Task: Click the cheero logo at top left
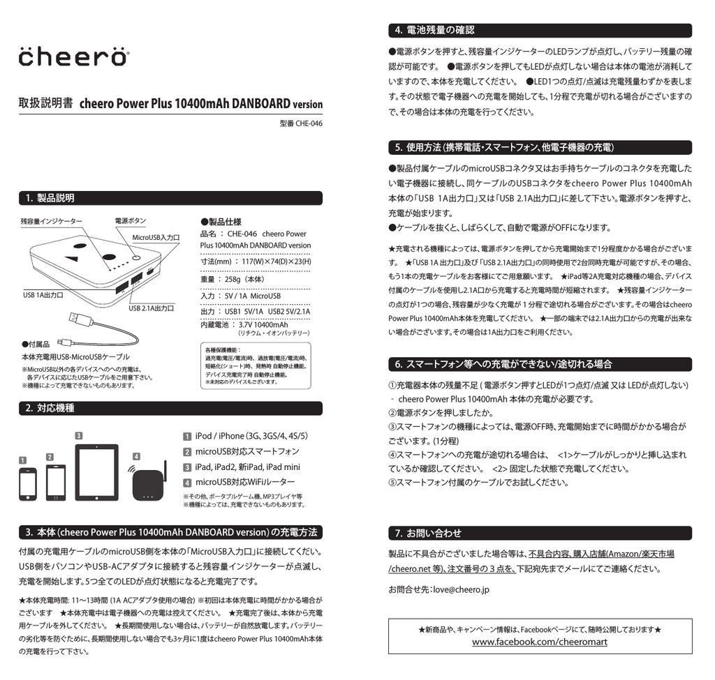point(73,56)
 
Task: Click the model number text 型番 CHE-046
point(301,125)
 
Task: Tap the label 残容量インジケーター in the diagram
point(52,221)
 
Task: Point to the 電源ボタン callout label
point(131,221)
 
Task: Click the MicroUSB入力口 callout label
point(156,238)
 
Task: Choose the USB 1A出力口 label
point(43,295)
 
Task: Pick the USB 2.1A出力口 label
point(152,308)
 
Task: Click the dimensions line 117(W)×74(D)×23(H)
point(256,262)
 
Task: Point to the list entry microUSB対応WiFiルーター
point(245,482)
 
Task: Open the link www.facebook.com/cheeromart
point(539,642)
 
